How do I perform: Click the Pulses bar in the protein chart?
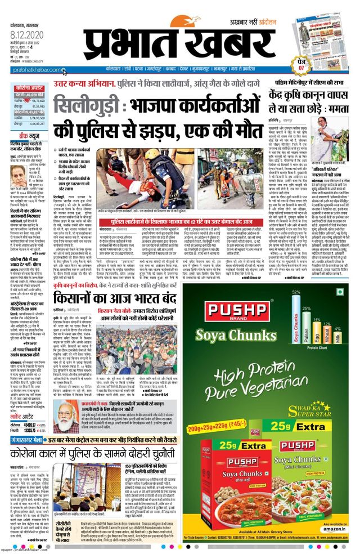pos(307,329)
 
